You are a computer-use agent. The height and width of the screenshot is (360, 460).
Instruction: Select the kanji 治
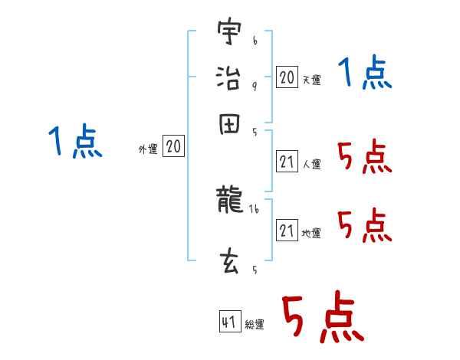coord(229,78)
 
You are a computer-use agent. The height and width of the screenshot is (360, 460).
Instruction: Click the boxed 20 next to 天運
coord(287,77)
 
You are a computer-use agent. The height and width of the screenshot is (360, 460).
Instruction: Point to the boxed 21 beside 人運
coord(287,162)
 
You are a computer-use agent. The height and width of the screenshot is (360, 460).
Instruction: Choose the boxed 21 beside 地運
coord(287,231)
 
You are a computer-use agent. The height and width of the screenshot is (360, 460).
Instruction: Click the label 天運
coord(311,80)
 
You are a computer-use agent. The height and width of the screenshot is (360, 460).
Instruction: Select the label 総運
coord(255,325)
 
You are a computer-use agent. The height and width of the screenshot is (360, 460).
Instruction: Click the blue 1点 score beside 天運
coord(365,74)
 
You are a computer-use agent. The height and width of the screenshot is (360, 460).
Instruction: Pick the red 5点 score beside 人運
coord(364,159)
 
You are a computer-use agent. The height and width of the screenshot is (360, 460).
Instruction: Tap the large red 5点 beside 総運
coord(322,318)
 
